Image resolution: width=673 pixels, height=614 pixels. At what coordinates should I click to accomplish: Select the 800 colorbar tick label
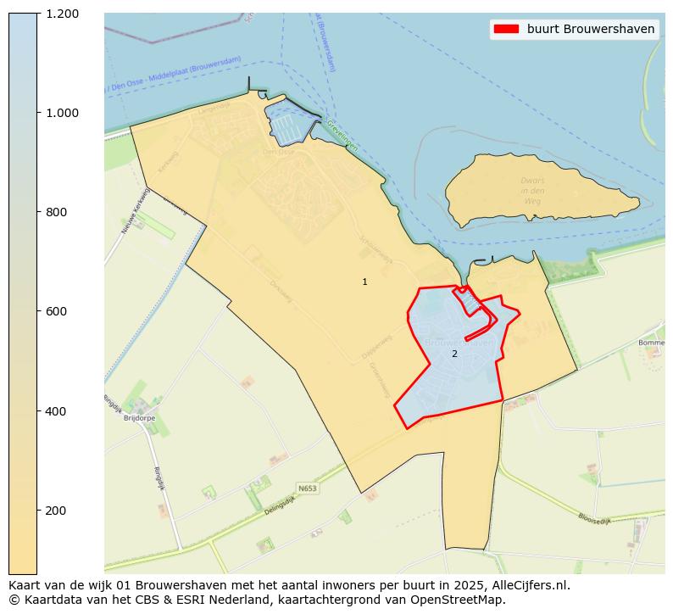[x=57, y=212]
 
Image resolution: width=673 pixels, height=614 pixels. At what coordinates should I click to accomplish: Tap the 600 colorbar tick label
[x=57, y=311]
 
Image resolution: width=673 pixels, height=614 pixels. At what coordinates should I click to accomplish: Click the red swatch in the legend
[x=505, y=29]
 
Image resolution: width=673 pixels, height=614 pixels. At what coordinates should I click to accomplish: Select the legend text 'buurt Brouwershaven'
[x=590, y=29]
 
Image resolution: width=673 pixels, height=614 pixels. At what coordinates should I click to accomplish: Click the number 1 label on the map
[x=365, y=282]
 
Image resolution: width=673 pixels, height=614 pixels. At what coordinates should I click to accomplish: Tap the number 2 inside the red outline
[x=454, y=354]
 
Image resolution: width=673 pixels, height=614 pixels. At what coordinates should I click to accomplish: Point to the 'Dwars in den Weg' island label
[x=532, y=191]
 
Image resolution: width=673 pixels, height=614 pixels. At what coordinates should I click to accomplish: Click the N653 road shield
[x=307, y=488]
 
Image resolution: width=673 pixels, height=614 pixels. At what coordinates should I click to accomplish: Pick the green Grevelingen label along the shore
[x=342, y=136]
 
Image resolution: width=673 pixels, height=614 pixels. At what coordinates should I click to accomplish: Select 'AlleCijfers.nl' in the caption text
[x=531, y=584]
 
